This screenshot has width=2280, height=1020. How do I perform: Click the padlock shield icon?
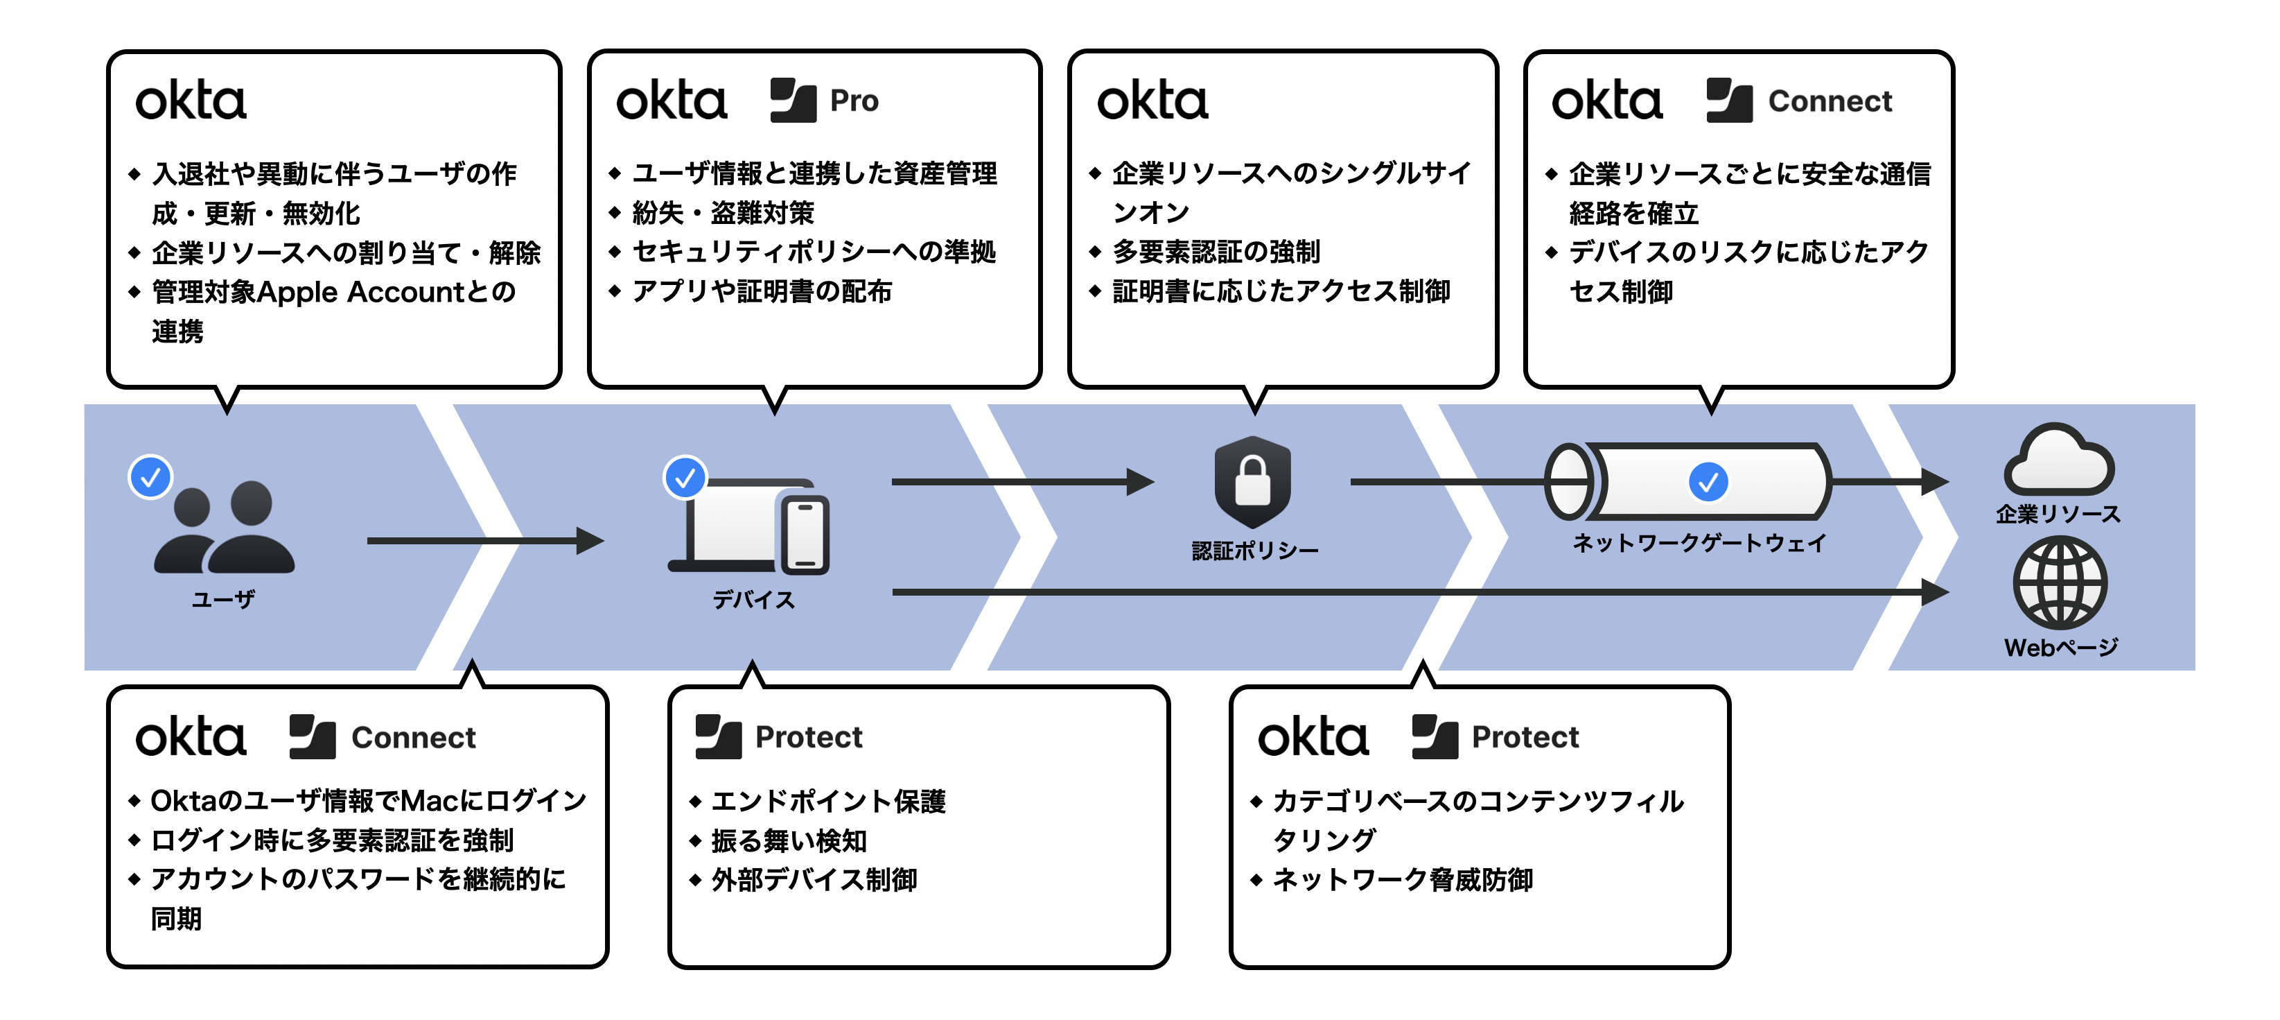(x=1252, y=482)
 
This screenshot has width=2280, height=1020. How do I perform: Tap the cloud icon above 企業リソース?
(x=2059, y=460)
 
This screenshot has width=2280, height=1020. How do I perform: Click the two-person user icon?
(x=224, y=528)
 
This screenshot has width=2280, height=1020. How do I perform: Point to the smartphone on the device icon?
(x=805, y=534)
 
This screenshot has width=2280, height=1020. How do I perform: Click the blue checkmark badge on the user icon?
(x=150, y=477)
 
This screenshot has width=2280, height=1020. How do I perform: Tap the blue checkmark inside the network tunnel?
(x=1708, y=482)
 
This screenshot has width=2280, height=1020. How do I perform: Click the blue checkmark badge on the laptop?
(x=685, y=478)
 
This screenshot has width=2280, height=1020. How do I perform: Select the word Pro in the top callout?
(x=854, y=101)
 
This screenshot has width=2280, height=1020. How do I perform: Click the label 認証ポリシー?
(x=1254, y=551)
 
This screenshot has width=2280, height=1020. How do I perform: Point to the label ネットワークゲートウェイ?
(x=1699, y=543)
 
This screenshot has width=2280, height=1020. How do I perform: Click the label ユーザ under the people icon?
(x=223, y=599)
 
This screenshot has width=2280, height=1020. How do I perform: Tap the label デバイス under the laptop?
(x=753, y=599)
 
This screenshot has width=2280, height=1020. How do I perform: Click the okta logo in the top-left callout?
(x=191, y=101)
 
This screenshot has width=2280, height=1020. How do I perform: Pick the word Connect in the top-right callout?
(x=1830, y=101)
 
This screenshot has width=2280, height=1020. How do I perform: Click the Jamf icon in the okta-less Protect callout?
(x=718, y=736)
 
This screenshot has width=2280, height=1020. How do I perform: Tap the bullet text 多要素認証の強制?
(x=1216, y=252)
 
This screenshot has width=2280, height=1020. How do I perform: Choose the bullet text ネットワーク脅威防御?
(x=1402, y=879)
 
